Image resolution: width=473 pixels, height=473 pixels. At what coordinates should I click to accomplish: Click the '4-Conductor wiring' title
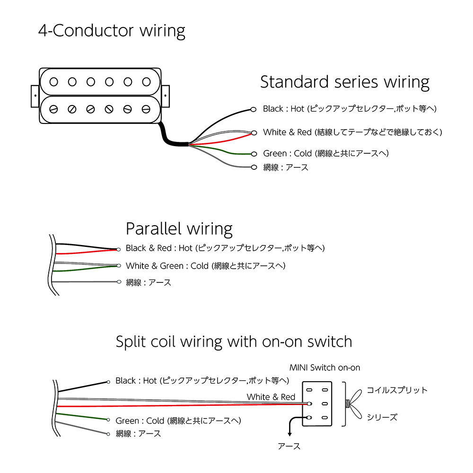(112, 31)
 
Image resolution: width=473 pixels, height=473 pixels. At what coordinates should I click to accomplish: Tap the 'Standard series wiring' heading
(345, 82)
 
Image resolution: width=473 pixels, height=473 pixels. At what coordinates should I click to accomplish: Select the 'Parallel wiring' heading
(179, 229)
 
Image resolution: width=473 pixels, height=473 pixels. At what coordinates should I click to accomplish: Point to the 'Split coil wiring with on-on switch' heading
(234, 342)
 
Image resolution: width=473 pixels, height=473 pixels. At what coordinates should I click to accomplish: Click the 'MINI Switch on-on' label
(325, 368)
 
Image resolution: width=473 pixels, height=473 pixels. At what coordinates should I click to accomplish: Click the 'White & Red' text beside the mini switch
(271, 397)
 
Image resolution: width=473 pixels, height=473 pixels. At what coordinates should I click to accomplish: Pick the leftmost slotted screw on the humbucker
(53, 109)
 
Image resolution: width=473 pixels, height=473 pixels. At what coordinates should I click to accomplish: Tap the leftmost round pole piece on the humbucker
(53, 82)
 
